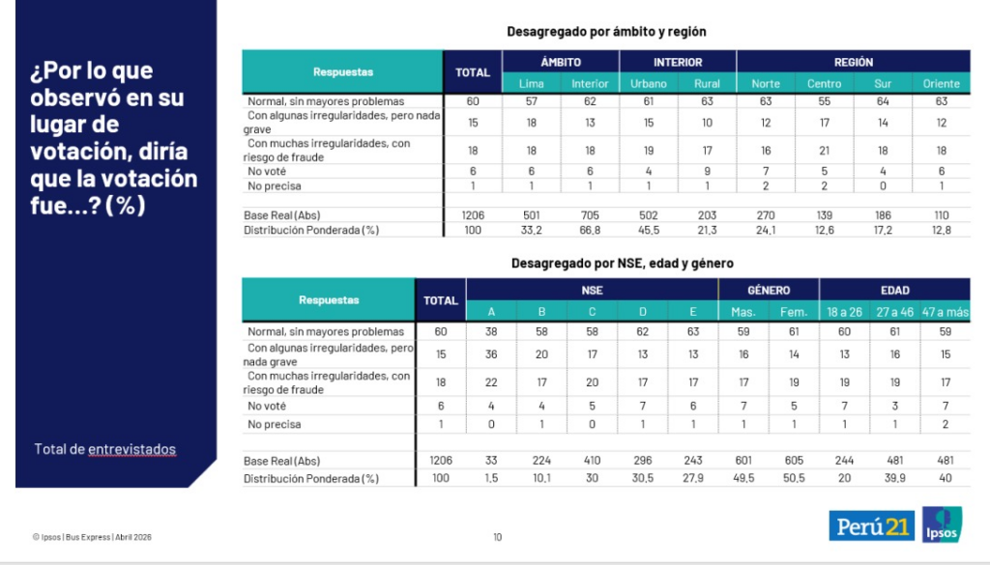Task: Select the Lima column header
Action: [x=531, y=83]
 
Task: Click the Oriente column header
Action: [x=942, y=83]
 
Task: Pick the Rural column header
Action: [x=707, y=83]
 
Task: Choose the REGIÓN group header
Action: [x=853, y=62]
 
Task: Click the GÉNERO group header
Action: [x=769, y=290]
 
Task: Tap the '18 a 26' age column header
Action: [x=844, y=311]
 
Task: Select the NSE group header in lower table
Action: [x=592, y=290]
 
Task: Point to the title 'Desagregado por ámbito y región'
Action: [x=606, y=32]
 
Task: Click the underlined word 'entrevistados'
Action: [x=132, y=449]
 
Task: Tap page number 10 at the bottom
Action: [x=497, y=537]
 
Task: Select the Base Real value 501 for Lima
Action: [x=531, y=214]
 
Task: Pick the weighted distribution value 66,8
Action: [x=589, y=230]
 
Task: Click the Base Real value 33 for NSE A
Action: [x=490, y=461]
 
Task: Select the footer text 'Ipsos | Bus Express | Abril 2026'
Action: [x=92, y=537]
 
